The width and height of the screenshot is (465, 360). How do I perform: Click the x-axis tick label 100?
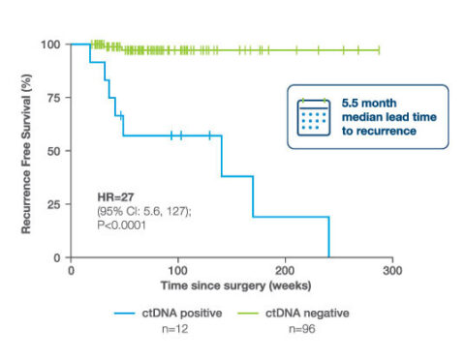pos(177,272)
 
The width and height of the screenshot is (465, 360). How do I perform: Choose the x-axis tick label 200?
pos(285,272)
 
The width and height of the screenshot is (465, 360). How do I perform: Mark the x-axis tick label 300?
pos(391,272)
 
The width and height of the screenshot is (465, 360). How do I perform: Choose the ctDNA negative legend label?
pos(308,314)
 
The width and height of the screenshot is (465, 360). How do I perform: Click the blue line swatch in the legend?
pos(130,314)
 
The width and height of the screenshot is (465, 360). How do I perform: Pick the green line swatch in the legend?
pos(255,314)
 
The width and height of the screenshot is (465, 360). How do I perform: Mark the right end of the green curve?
pos(379,48)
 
